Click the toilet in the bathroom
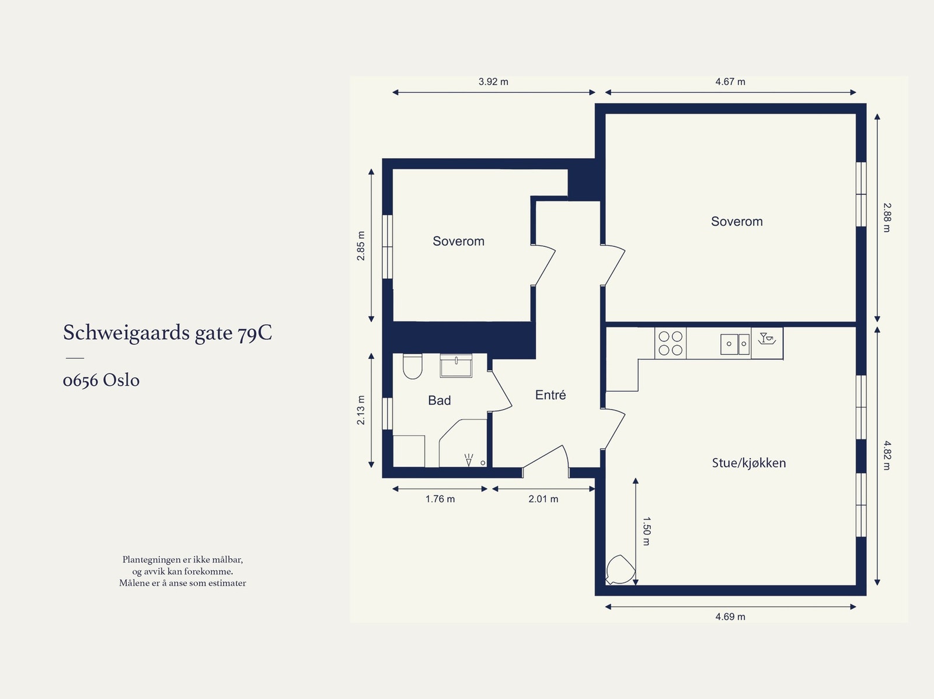(412, 366)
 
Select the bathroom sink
(456, 366)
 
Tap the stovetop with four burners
(670, 343)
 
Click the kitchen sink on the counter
(735, 344)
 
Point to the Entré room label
(550, 395)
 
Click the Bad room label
(439, 400)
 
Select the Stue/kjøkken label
(748, 463)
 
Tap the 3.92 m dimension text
(493, 82)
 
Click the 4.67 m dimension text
(730, 82)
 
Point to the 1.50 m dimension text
(646, 531)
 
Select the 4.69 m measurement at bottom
(730, 617)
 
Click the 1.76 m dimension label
(440, 499)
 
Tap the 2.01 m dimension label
(543, 499)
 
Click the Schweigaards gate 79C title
(168, 333)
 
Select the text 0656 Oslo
(101, 380)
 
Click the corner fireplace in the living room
(618, 570)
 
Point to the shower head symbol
(468, 460)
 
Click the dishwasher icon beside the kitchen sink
(766, 342)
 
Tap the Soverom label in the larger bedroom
(736, 221)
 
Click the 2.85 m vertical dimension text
(361, 246)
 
